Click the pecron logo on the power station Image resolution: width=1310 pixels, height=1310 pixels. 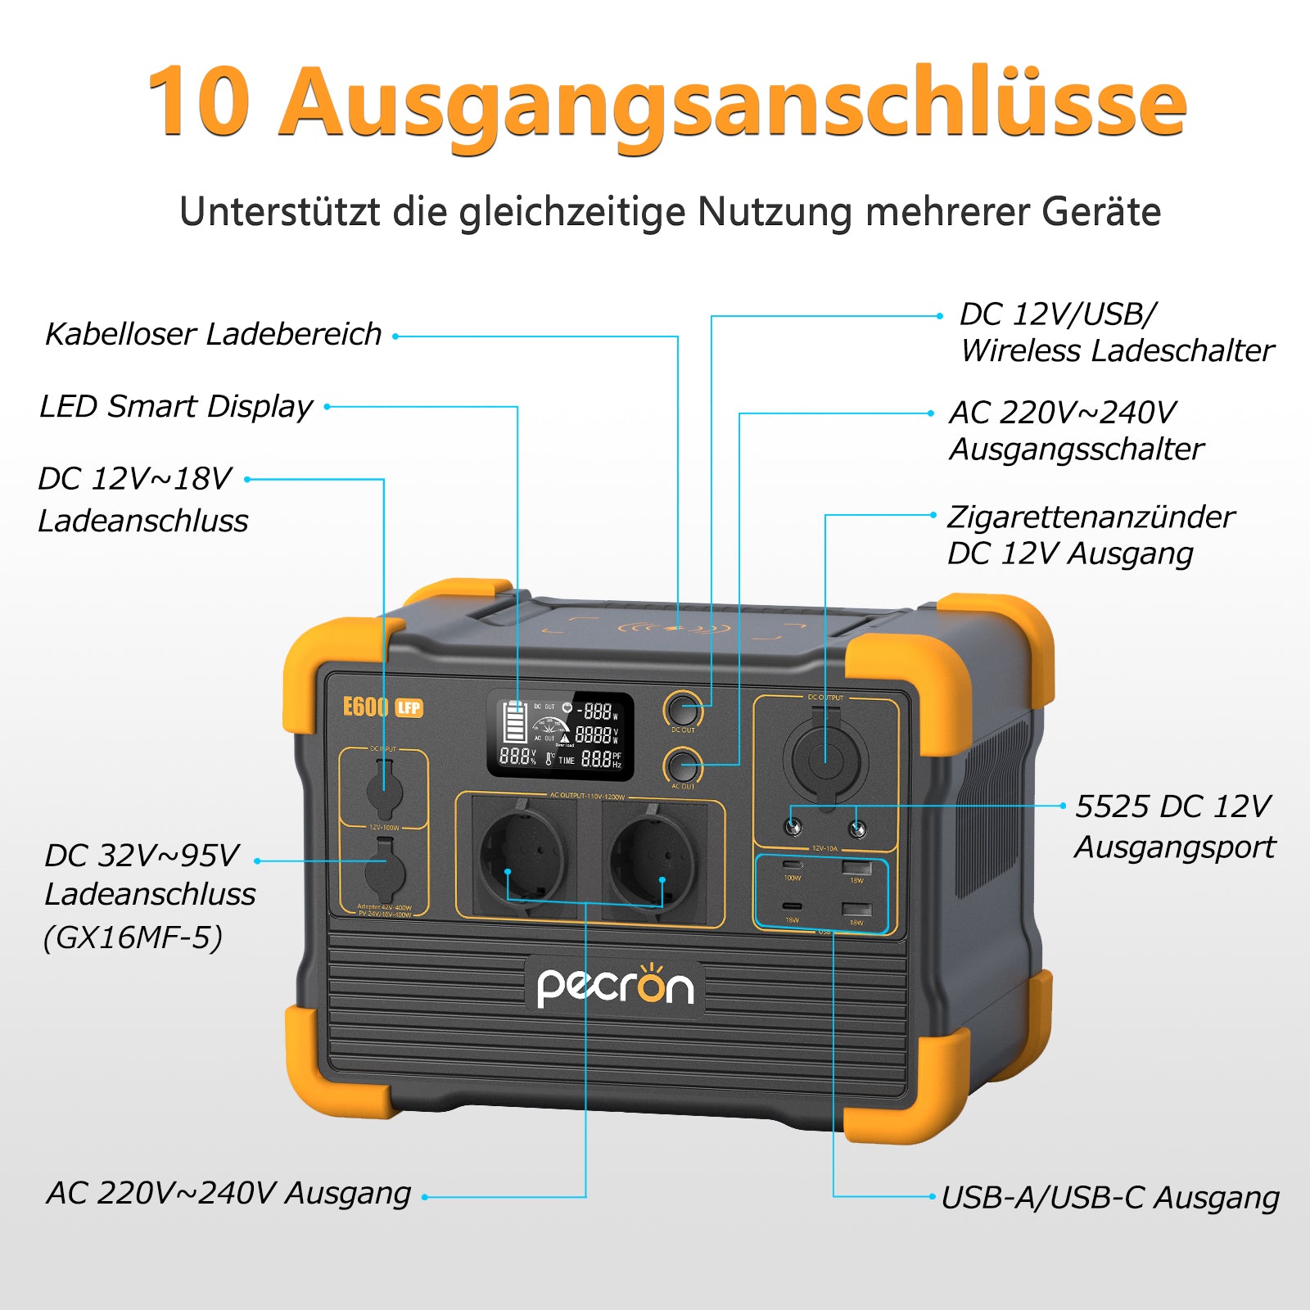coord(615,986)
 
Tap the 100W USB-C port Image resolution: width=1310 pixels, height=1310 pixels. coord(792,865)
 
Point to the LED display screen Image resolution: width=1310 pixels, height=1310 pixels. coord(560,735)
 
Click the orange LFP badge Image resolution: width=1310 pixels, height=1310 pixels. coord(409,707)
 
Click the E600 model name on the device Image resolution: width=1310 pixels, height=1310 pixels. coord(365,707)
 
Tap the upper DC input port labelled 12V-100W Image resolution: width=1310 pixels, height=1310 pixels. coord(383,789)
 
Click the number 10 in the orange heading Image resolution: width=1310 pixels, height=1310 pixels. coord(199,102)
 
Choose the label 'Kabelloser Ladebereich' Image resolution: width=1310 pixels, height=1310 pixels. coord(213,334)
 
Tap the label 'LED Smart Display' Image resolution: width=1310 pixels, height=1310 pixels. coord(176,406)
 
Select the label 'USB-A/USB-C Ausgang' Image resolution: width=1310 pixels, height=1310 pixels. coord(1109,1197)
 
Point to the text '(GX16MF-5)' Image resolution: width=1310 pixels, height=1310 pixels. coord(133,937)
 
